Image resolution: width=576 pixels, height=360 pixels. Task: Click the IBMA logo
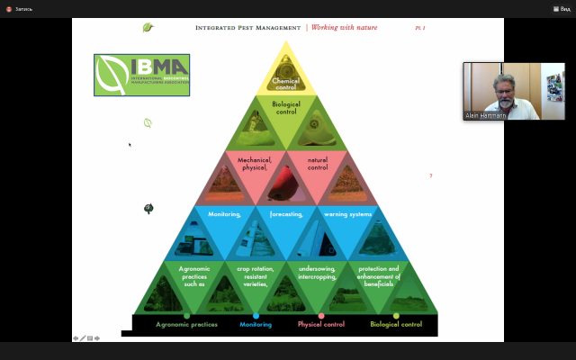141,75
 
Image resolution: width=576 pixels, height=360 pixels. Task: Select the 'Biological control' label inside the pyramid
285,110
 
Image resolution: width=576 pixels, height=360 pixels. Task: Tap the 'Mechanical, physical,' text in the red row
254,164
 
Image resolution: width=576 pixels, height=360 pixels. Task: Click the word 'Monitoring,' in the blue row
224,214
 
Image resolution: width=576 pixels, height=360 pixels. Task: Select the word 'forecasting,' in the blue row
285,214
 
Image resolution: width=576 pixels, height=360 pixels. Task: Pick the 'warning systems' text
346,214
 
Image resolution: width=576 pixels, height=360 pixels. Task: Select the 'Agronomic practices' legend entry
186,324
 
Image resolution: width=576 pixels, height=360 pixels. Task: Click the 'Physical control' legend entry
321,324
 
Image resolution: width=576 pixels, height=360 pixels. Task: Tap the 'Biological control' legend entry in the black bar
395,324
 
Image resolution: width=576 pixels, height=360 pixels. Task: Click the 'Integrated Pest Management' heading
247,28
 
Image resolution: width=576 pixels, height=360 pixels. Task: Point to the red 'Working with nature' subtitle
344,28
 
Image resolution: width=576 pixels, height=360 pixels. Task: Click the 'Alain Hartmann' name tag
486,116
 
